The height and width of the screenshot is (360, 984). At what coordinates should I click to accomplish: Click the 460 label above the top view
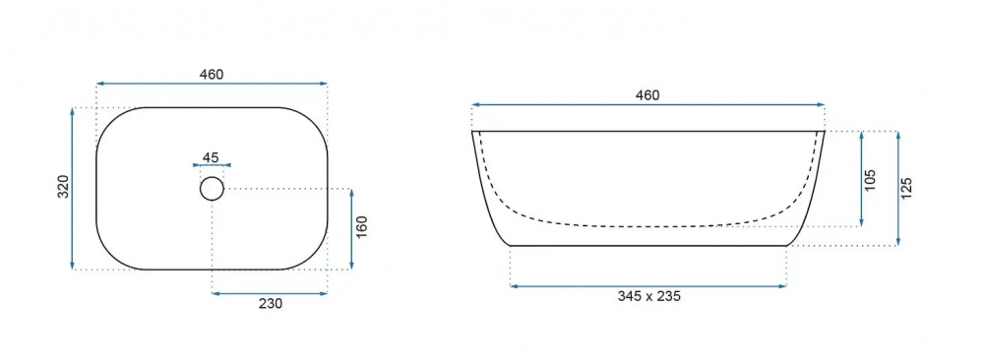212,75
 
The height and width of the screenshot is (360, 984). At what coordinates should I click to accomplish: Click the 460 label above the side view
647,95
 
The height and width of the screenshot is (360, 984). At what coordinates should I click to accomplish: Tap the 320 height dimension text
63,188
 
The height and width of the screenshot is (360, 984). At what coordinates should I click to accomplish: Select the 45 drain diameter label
211,157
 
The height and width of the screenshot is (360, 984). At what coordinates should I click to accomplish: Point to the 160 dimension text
361,227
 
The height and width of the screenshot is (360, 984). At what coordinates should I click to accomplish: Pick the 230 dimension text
271,304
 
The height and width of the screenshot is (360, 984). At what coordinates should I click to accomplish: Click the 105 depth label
870,181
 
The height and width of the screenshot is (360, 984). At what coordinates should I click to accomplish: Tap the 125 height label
906,188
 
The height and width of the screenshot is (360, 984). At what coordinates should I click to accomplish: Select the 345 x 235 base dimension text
648,297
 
